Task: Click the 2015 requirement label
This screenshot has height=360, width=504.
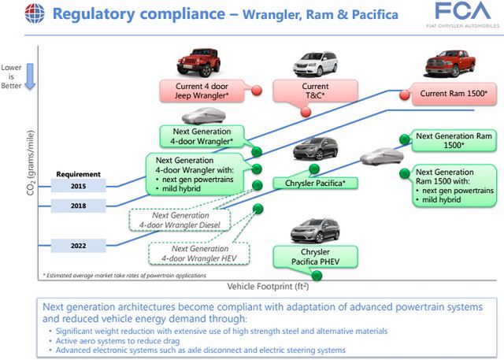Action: point(78,187)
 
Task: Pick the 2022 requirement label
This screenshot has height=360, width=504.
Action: point(78,245)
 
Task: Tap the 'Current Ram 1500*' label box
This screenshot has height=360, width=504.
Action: point(453,95)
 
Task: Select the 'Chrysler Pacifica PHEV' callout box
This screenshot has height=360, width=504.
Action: point(315,255)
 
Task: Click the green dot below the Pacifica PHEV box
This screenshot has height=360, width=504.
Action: point(317,275)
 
